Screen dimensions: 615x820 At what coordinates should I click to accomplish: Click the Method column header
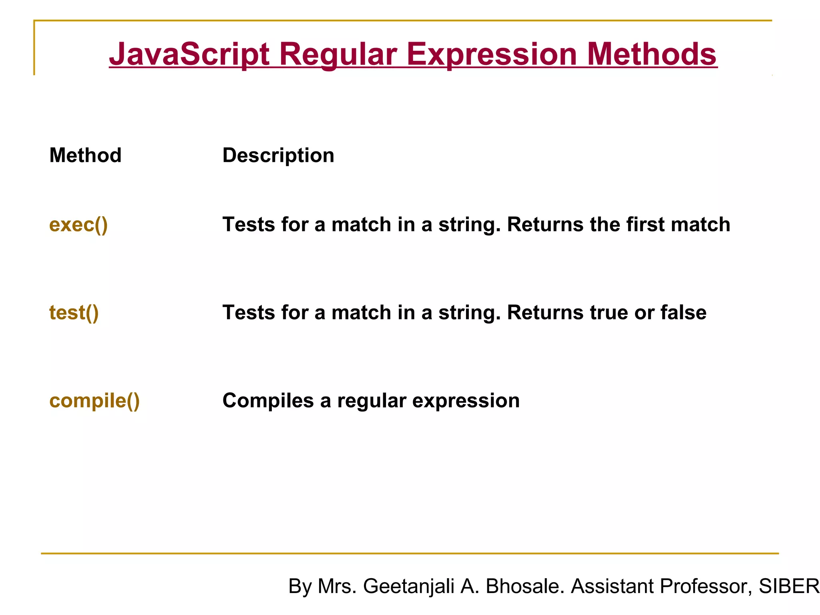85,155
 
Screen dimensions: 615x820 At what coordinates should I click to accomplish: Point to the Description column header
278,155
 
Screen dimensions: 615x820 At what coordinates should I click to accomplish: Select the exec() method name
78,224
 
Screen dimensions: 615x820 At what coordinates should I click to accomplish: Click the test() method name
74,312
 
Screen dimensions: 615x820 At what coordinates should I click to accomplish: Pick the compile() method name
94,400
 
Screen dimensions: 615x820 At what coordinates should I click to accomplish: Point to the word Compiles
268,400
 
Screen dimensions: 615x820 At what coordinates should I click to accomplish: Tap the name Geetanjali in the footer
408,586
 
